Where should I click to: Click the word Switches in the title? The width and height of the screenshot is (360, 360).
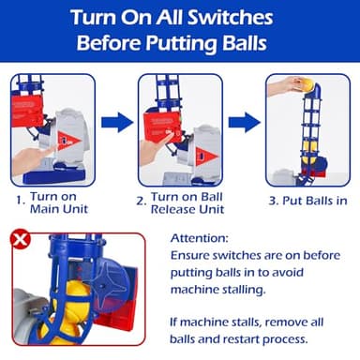tap(230, 17)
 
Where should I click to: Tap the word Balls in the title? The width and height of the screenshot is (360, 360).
tap(245, 43)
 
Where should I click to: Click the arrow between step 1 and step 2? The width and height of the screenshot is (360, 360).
tap(117, 122)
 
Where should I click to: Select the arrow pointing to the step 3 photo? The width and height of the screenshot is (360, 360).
tap(244, 122)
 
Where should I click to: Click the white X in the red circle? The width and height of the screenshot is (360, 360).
tap(21, 240)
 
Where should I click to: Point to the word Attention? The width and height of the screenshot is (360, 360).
tap(200, 238)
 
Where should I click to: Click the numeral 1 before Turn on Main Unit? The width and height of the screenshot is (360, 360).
tap(20, 201)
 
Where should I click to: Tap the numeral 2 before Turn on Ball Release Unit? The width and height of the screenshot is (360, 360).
tap(141, 201)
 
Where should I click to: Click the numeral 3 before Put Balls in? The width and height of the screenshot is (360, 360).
tap(274, 201)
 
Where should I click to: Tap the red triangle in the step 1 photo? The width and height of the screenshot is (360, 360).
tap(69, 141)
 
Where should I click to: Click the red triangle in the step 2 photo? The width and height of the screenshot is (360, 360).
tap(206, 156)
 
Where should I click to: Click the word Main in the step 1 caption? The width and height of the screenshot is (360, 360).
tap(43, 209)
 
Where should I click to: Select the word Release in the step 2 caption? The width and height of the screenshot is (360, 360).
tap(173, 209)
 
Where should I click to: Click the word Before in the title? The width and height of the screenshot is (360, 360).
tap(109, 43)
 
